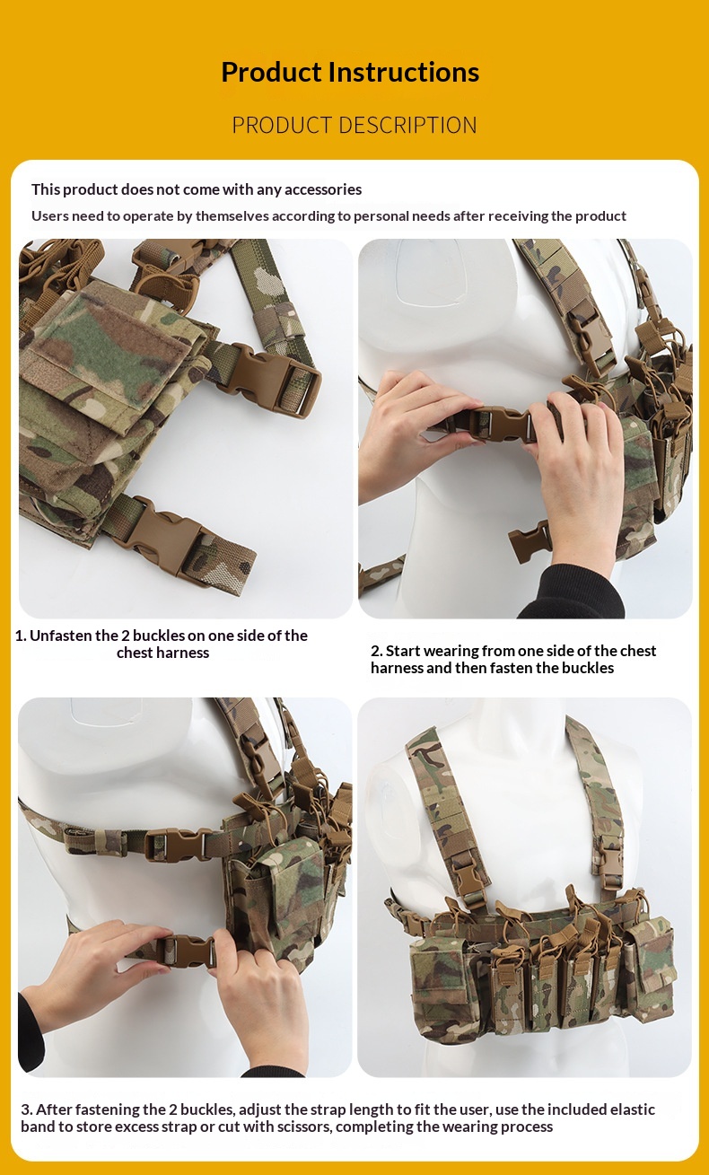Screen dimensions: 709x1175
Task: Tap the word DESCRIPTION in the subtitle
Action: tap(408, 126)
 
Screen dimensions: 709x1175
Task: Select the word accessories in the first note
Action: tap(323, 189)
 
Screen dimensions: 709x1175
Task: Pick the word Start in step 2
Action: tap(403, 651)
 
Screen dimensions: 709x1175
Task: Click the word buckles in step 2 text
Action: tap(587, 668)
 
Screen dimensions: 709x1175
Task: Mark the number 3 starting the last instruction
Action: tap(24, 1109)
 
